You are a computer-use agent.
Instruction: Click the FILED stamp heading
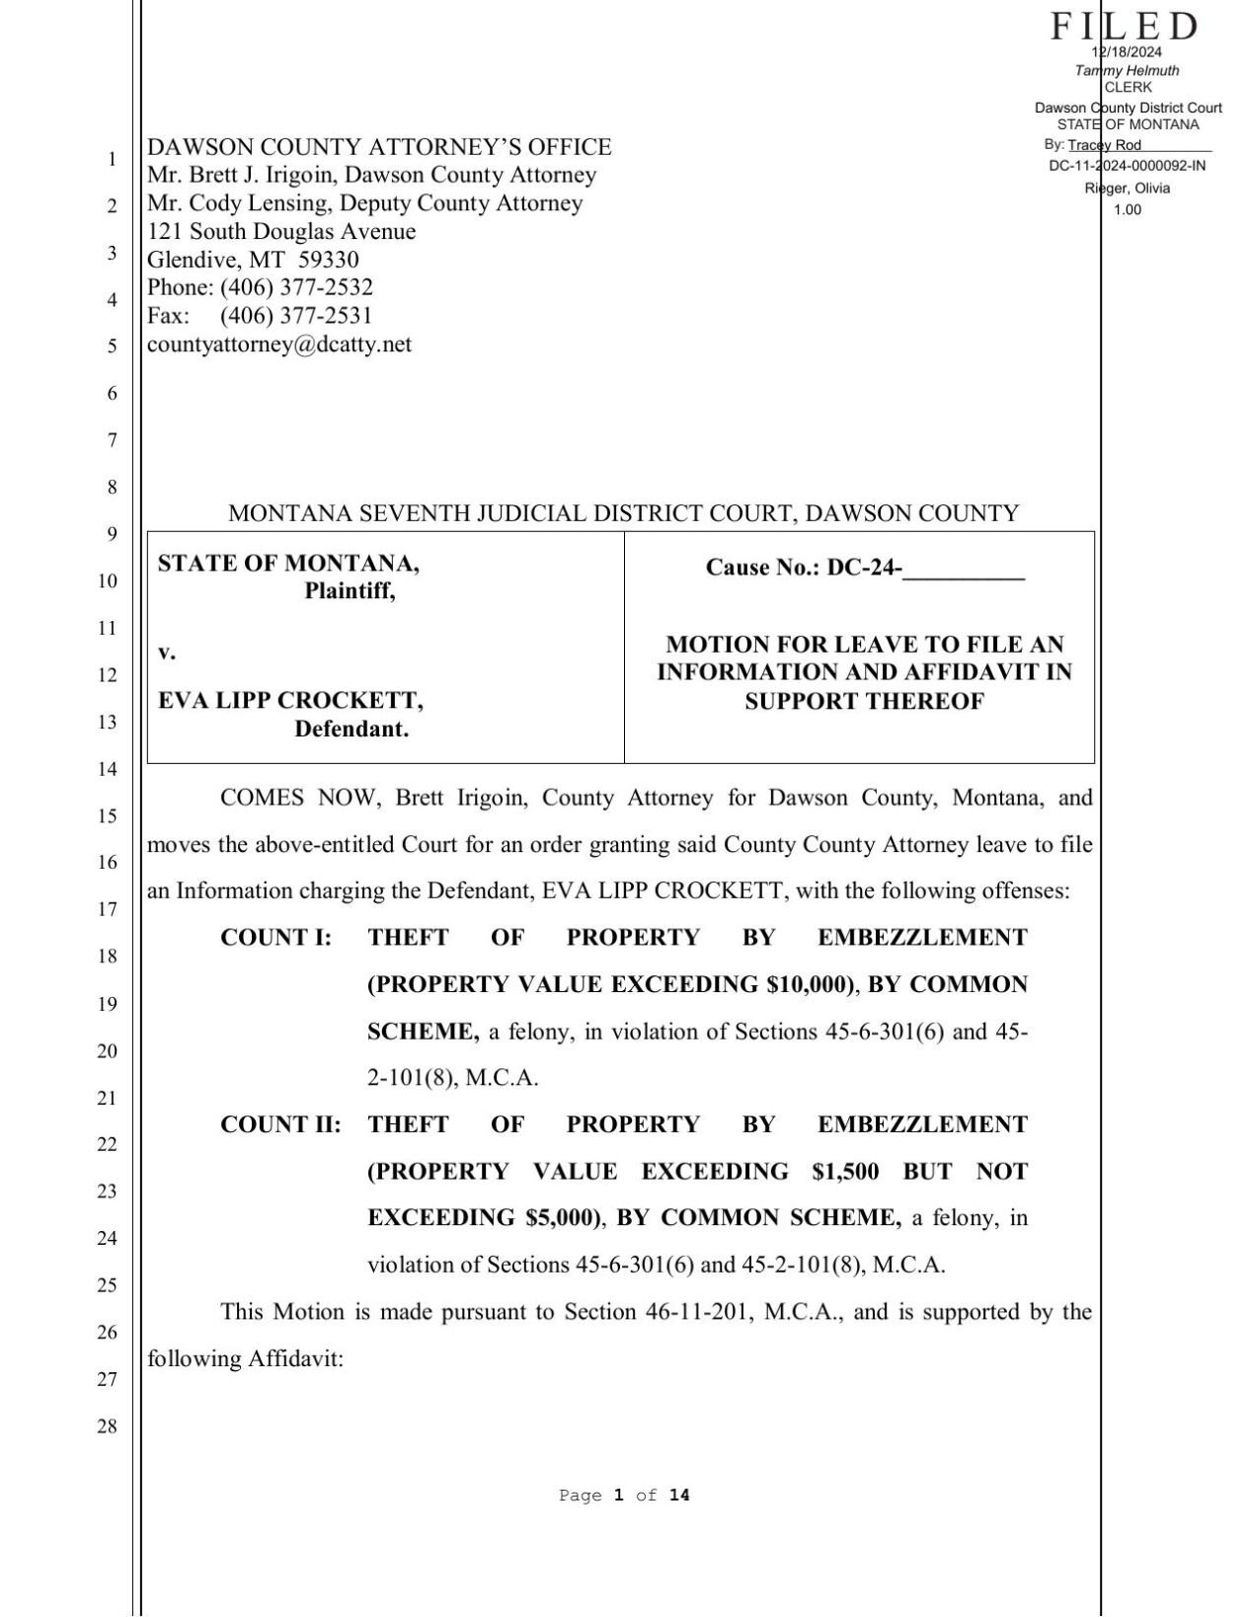click(1124, 26)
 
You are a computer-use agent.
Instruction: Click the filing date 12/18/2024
click(1127, 52)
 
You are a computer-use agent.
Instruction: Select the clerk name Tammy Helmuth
click(1127, 70)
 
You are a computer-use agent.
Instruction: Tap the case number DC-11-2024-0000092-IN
click(1127, 166)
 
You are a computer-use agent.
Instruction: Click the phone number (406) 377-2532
click(296, 287)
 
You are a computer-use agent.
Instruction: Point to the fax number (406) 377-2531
click(296, 316)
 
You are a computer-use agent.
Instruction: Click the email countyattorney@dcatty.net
click(279, 345)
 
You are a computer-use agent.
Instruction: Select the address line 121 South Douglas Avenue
click(281, 232)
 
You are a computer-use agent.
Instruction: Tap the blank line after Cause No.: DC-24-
click(964, 570)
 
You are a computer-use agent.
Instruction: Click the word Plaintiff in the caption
click(349, 591)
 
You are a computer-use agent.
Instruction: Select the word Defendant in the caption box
click(351, 730)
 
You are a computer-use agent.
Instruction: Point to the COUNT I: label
click(275, 938)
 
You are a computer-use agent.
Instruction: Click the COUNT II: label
click(280, 1124)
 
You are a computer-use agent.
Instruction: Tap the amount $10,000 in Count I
click(807, 984)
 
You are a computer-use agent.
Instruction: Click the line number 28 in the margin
click(107, 1425)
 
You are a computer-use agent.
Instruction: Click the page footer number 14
click(679, 1496)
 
